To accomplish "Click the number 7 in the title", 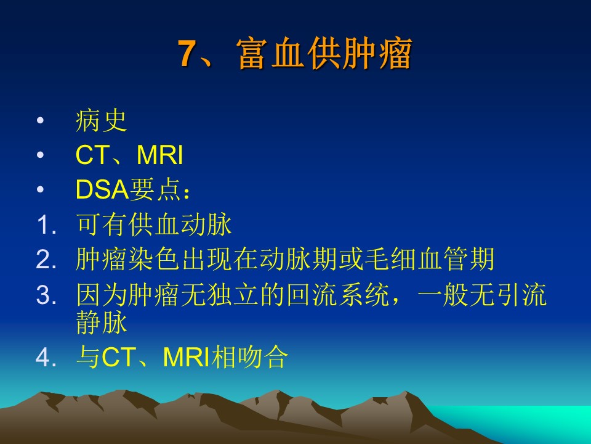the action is [188, 54].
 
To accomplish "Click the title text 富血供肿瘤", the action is [324, 54].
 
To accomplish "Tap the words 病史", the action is [102, 121].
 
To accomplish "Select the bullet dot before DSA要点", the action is [41, 189].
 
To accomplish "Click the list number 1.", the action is [47, 225].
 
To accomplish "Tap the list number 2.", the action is [47, 260].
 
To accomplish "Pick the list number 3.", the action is [47, 295].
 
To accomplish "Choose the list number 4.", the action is [47, 357].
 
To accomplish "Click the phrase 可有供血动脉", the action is [154, 224].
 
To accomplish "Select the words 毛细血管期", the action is [429, 260].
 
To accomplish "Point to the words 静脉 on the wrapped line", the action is [102, 323].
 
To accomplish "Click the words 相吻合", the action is [250, 357].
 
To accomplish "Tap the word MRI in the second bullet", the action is [160, 155].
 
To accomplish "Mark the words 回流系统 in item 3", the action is [338, 295].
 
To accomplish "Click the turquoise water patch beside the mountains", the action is [528, 421].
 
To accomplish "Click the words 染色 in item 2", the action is [153, 260].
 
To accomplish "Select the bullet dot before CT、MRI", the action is [41, 155].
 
